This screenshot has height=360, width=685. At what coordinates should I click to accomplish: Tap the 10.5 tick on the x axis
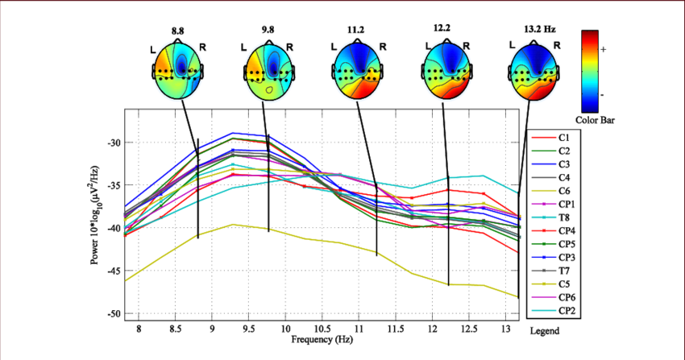click(x=322, y=329)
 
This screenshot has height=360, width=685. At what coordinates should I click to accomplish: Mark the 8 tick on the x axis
click(x=139, y=329)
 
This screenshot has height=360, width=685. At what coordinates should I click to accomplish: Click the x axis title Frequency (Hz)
click(x=322, y=340)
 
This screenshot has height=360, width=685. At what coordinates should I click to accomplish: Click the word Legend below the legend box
click(x=544, y=331)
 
